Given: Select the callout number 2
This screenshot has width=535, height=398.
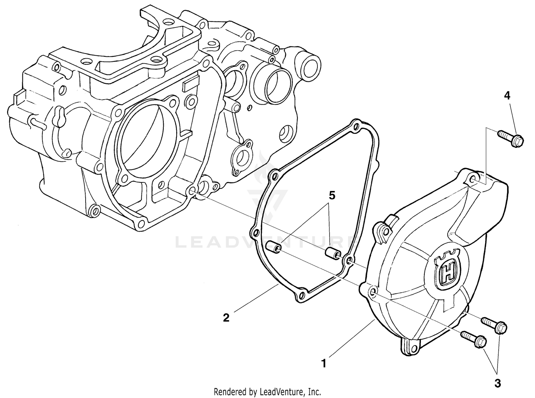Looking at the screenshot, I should point(226,317).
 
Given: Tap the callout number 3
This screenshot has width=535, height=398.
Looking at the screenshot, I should point(498,383).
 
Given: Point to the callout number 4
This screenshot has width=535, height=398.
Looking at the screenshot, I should point(507,95).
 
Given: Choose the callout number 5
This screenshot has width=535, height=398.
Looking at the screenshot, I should point(332,195).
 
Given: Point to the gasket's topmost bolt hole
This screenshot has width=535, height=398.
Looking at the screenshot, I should point(355,125).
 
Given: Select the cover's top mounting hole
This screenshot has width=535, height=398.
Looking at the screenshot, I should point(473,178).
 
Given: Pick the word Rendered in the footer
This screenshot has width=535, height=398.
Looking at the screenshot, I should point(228,392).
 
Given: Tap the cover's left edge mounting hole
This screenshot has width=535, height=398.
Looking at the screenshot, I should point(372,293).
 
